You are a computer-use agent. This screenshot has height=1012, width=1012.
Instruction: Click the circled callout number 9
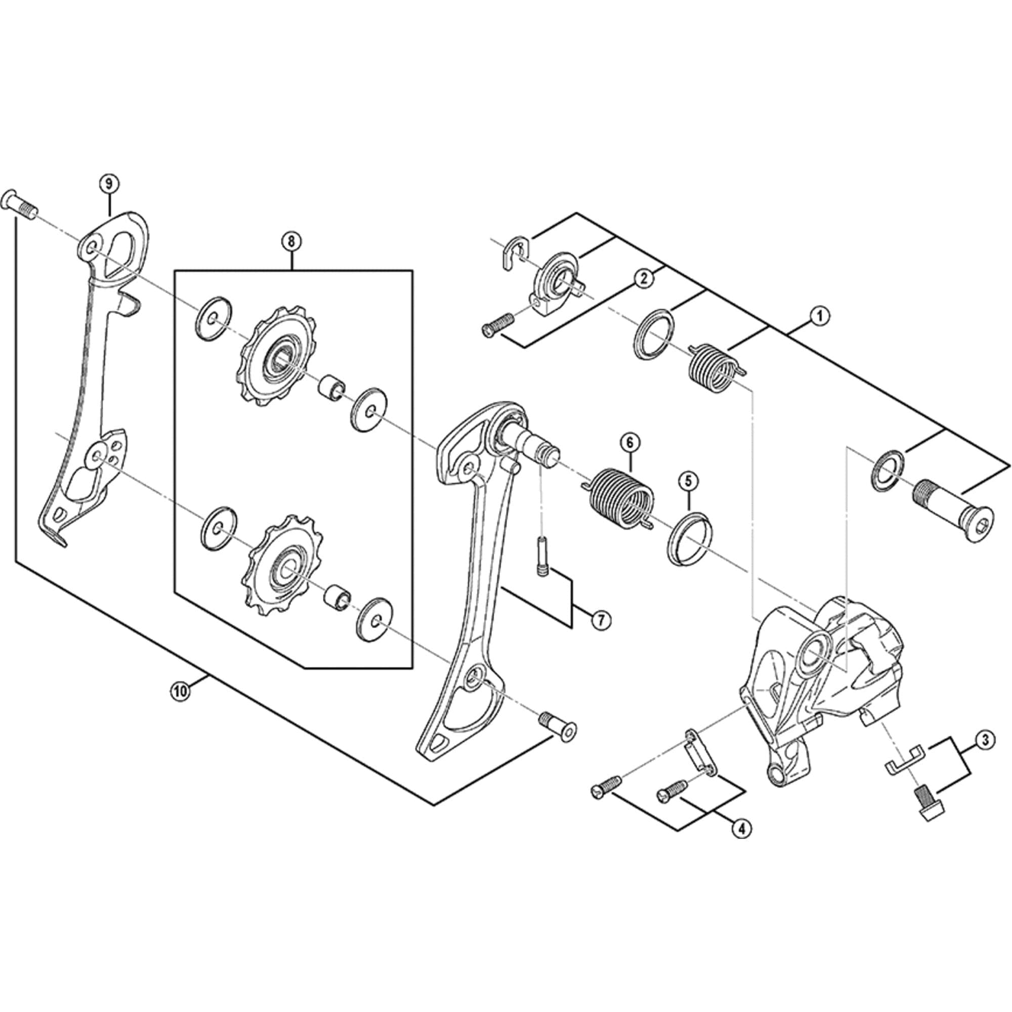[109, 184]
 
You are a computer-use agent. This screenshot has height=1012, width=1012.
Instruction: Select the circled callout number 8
[291, 241]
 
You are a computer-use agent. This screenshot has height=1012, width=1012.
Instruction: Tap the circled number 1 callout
[820, 316]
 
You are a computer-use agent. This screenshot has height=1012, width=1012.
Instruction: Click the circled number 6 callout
[629, 443]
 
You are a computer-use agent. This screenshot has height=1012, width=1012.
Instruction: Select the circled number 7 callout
[601, 621]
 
